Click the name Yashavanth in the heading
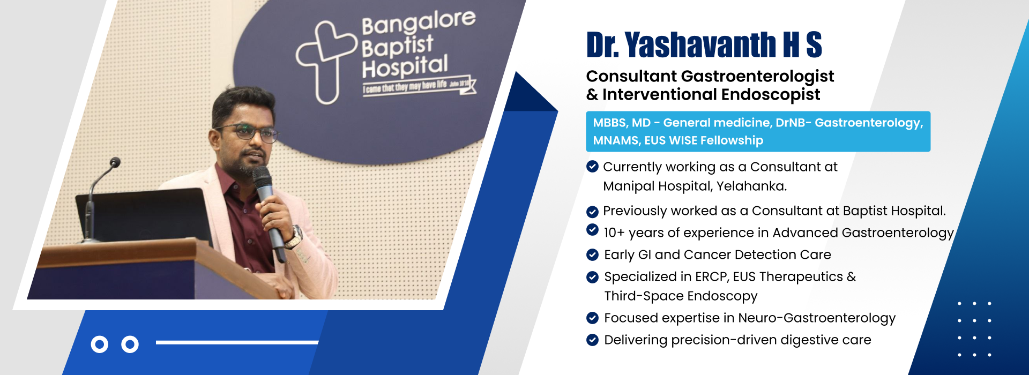(700, 44)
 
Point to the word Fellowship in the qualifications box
(732, 140)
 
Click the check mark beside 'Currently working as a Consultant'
(592, 167)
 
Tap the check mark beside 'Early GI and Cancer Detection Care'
(592, 254)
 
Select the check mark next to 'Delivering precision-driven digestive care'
(592, 340)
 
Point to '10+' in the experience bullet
(614, 233)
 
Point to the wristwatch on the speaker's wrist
(294, 237)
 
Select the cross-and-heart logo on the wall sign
(326, 60)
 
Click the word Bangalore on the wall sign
(419, 22)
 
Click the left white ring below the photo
(100, 344)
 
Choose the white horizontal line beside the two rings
(237, 342)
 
